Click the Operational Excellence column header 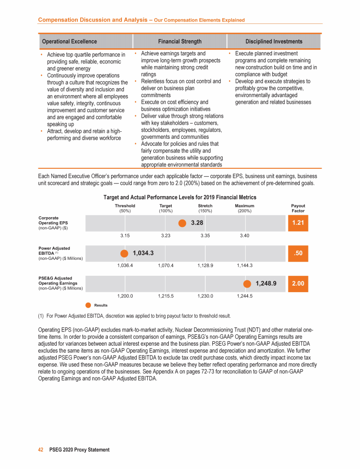tap(69, 41)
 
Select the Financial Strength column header tap(180, 41)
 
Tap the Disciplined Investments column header tap(274, 41)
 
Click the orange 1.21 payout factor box tap(298, 223)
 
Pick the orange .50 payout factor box tap(298, 253)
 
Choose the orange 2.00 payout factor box tap(298, 283)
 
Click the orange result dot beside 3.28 tap(182, 223)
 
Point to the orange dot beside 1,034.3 tap(124, 253)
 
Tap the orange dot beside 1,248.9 tap(247, 283)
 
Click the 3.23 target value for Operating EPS tap(165, 235)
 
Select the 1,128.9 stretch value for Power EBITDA tap(205, 265)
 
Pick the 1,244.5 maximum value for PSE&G tap(245, 296)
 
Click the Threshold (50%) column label tap(125, 208)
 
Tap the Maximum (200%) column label tap(245, 208)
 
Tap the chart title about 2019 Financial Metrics tap(180, 197)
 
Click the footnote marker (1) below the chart tap(41, 315)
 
